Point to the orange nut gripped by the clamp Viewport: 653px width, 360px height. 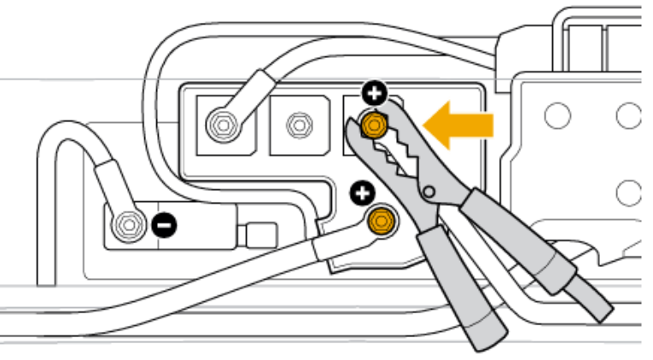(x=373, y=125)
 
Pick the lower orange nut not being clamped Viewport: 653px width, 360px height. (x=380, y=222)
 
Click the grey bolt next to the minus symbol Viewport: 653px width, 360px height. (x=129, y=224)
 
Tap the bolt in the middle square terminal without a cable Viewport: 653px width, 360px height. (x=298, y=125)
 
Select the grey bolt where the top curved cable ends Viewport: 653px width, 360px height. (x=222, y=125)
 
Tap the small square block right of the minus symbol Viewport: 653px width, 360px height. (x=261, y=233)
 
